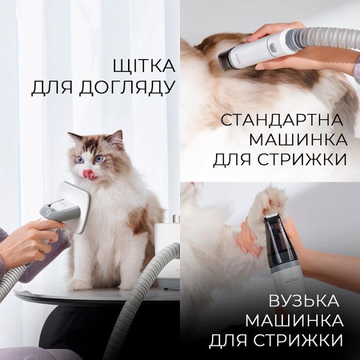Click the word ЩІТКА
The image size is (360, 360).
[144, 66]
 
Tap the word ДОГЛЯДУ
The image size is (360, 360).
[126, 88]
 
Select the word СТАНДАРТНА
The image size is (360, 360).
[282, 120]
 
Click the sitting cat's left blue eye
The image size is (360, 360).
[80, 160]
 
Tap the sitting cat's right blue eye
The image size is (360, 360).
[99, 158]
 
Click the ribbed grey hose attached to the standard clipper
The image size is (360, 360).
[326, 36]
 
